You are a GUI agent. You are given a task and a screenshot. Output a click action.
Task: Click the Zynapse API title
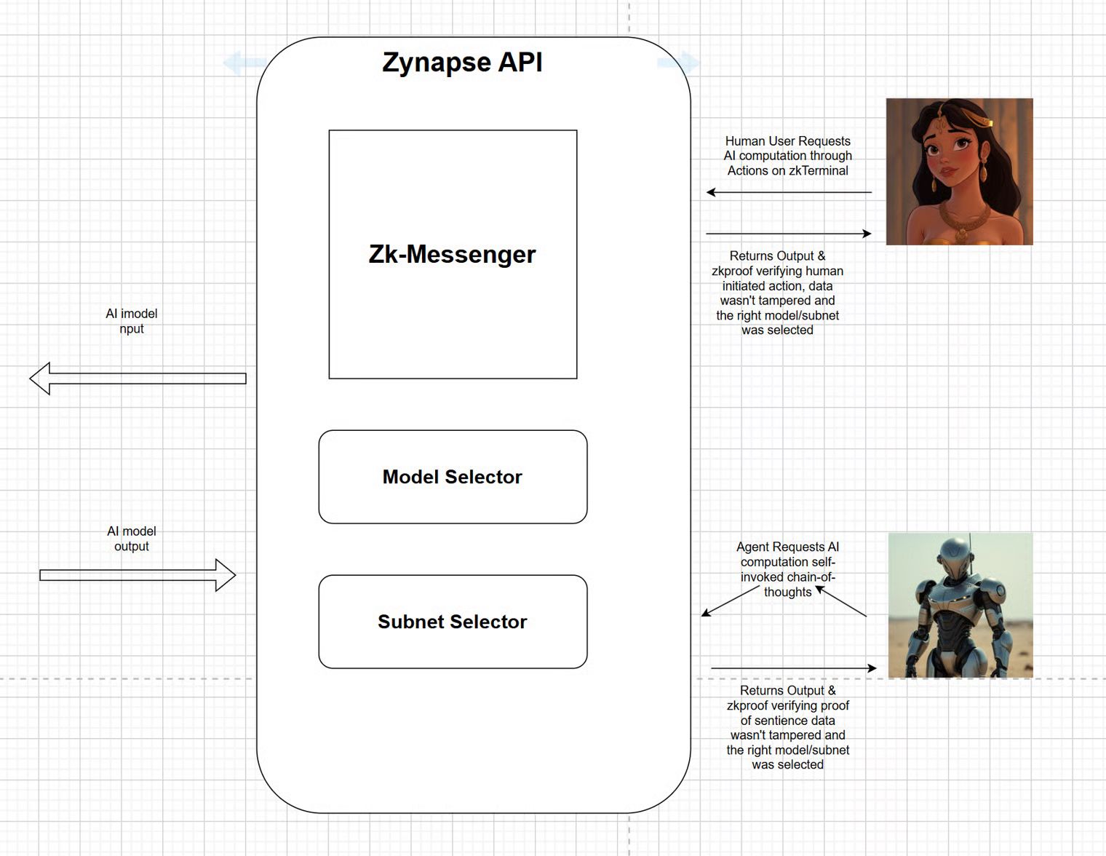coord(462,62)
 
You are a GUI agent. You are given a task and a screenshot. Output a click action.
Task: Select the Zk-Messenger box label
coord(452,254)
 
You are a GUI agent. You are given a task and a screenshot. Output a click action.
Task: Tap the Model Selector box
coord(453,477)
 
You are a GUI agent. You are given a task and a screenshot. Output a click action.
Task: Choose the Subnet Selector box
coord(453,622)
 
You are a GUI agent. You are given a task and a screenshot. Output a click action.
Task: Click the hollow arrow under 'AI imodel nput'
coord(138,379)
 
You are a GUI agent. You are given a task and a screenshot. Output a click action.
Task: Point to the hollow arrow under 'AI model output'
coord(138,575)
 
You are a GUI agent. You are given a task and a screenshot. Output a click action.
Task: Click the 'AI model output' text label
coord(132,539)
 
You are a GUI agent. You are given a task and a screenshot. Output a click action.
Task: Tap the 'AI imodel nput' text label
coord(132,321)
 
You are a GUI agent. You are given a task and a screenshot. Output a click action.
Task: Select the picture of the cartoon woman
coord(959,172)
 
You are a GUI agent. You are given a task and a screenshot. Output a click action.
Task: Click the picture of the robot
coord(960,605)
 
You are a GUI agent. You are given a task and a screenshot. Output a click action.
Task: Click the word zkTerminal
coord(819,171)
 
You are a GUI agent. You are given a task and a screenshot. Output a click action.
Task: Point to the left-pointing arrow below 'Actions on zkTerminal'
coord(789,192)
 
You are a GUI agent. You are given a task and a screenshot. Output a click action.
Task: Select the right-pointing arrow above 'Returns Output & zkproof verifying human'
coord(789,234)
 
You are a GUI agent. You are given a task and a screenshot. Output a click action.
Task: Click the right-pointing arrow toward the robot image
coord(793,667)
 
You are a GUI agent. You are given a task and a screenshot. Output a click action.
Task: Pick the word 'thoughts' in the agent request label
coord(787,593)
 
